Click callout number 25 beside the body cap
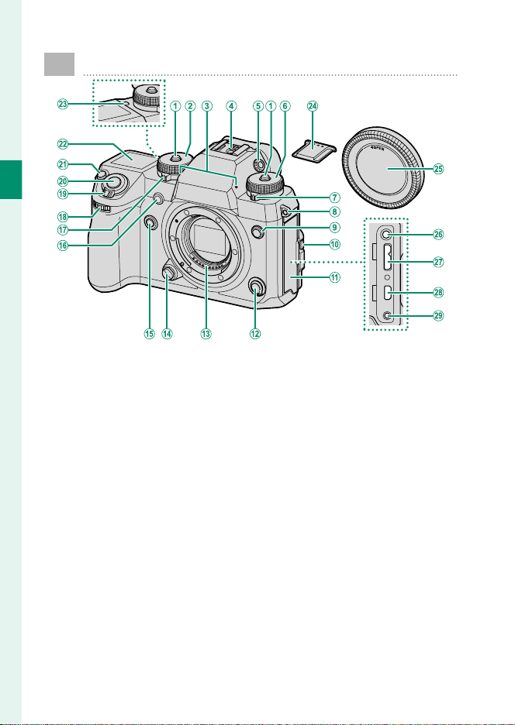tap(438, 169)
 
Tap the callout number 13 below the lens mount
tap(206, 334)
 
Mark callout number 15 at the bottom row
tap(149, 334)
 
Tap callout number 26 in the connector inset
tap(438, 235)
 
